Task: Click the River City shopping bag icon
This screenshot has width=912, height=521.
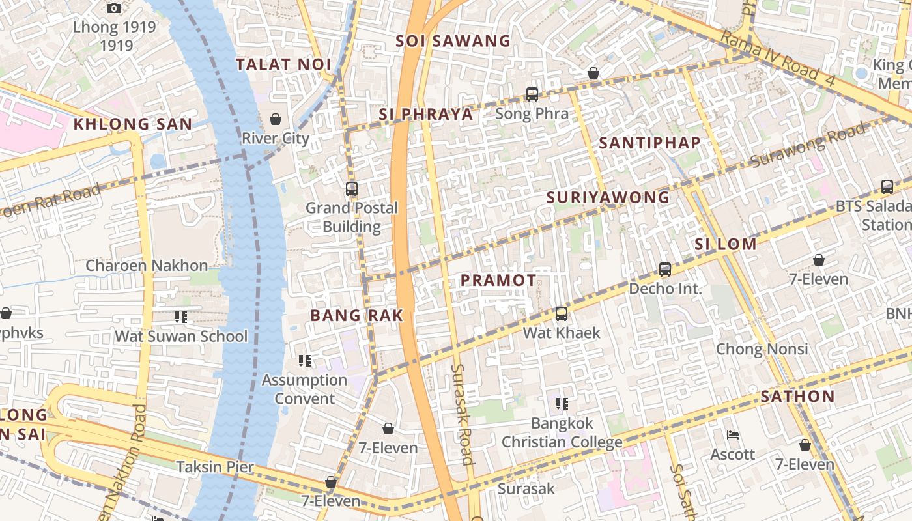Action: tap(276, 119)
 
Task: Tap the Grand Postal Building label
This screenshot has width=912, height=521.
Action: tap(352, 217)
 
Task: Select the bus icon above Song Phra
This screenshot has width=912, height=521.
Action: tap(532, 94)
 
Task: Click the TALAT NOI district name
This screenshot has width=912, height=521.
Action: tap(283, 64)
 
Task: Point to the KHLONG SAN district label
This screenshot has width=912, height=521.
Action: tap(133, 124)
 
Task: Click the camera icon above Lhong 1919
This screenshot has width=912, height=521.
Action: tap(114, 8)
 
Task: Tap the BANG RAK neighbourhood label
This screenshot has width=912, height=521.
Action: tap(357, 316)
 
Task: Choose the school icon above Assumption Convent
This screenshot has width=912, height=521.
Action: tap(304, 360)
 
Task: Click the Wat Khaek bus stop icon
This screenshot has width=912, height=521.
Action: tap(561, 314)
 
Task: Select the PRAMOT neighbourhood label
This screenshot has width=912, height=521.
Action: tap(498, 281)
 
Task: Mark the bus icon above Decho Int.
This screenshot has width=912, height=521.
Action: tap(664, 269)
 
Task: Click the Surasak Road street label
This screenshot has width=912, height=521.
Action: tap(462, 414)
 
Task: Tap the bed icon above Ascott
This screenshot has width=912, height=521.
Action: tap(733, 435)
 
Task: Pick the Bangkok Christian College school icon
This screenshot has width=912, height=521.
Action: tap(562, 404)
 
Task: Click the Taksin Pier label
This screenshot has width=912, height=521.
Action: tap(215, 467)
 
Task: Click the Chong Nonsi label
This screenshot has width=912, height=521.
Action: tap(762, 349)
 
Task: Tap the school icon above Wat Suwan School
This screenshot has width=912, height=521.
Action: tap(180, 317)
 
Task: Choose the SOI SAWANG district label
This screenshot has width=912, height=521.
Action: tap(453, 41)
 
